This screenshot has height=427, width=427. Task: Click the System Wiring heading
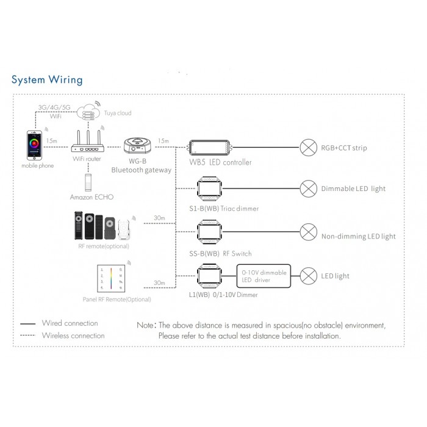tap(47, 80)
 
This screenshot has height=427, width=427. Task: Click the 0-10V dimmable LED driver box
tap(263, 276)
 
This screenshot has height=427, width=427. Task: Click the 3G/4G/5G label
tap(54, 107)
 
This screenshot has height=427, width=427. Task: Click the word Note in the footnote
tap(145, 325)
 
